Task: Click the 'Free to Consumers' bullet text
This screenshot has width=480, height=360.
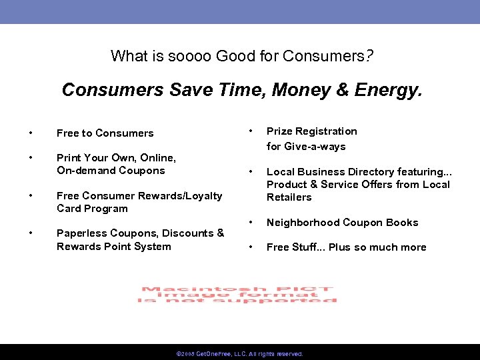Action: click(105, 133)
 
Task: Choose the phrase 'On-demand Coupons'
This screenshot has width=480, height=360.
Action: click(111, 171)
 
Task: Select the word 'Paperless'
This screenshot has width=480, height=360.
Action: click(81, 233)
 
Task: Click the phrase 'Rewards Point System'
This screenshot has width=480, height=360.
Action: click(113, 247)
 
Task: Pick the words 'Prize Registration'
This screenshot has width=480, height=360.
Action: click(311, 131)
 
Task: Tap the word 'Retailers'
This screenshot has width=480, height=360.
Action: click(289, 197)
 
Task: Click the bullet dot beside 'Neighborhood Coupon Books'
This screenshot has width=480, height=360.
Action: click(251, 223)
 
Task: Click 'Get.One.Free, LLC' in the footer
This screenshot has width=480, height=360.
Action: click(213, 353)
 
